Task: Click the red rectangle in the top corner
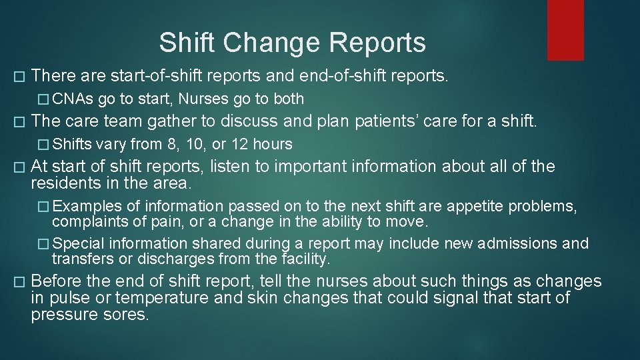pyautogui.click(x=565, y=30)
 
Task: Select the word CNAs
pyautogui.click(x=73, y=99)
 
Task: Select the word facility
pyautogui.click(x=303, y=259)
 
